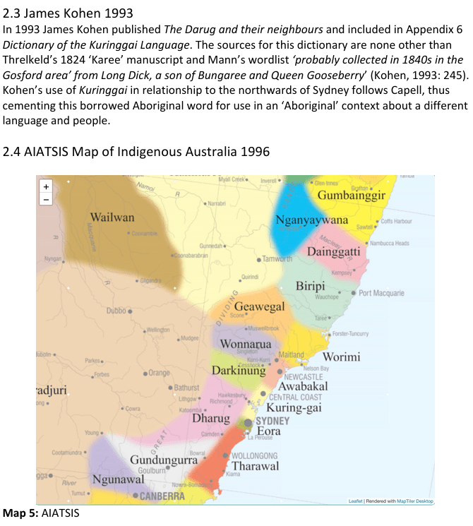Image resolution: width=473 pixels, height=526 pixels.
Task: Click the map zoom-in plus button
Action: pyautogui.click(x=47, y=187)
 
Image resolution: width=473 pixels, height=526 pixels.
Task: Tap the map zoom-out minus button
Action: pyautogui.click(x=47, y=200)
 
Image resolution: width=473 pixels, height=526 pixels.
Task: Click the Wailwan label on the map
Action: pyautogui.click(x=112, y=217)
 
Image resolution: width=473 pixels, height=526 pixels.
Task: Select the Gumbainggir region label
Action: pyautogui.click(x=351, y=196)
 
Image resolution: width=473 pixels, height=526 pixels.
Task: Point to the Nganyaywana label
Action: pyautogui.click(x=312, y=220)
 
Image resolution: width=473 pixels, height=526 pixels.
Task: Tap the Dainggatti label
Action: pyautogui.click(x=334, y=251)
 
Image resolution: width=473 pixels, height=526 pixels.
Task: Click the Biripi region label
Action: pyautogui.click(x=310, y=286)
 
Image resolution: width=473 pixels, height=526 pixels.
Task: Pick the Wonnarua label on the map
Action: pyautogui.click(x=246, y=345)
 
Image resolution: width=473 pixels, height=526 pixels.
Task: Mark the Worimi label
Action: pyautogui.click(x=342, y=357)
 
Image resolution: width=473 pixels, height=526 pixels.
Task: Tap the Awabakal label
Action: pyautogui.click(x=303, y=387)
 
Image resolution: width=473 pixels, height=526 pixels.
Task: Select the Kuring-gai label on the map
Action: pyautogui.click(x=294, y=407)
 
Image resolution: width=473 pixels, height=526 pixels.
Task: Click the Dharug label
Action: pyautogui.click(x=211, y=419)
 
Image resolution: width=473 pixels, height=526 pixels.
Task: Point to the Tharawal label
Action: pyautogui.click(x=256, y=466)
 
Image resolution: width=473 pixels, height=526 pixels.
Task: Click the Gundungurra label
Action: pyautogui.click(x=163, y=460)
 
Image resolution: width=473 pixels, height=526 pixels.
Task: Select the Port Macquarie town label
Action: pyautogui.click(x=381, y=292)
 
